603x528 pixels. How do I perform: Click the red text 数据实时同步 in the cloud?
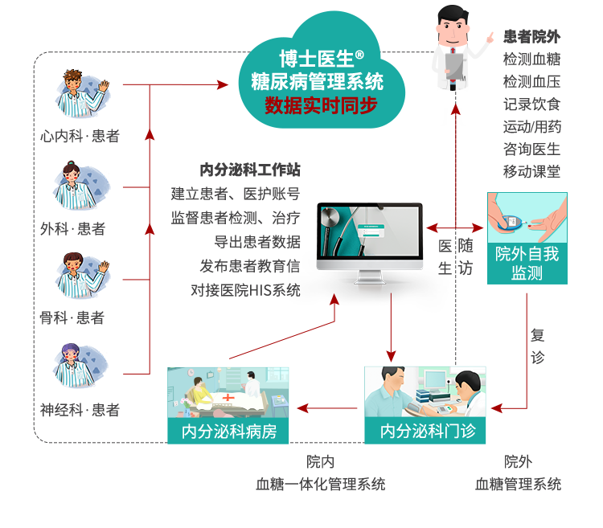pos(321,105)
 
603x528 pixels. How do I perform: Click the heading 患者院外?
pos(531,36)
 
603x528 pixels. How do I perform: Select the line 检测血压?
pos(531,81)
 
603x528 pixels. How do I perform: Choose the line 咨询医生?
pos(531,149)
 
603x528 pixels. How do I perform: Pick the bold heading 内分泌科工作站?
pos(250,170)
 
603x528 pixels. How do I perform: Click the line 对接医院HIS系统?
pos(246,290)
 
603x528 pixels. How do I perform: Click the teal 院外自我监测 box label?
pos(527,264)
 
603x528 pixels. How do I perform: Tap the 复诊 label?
pos(538,346)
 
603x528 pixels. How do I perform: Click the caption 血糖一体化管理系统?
pos(320,484)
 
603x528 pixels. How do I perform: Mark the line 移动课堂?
pos(531,171)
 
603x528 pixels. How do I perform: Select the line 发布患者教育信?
pos(250,266)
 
